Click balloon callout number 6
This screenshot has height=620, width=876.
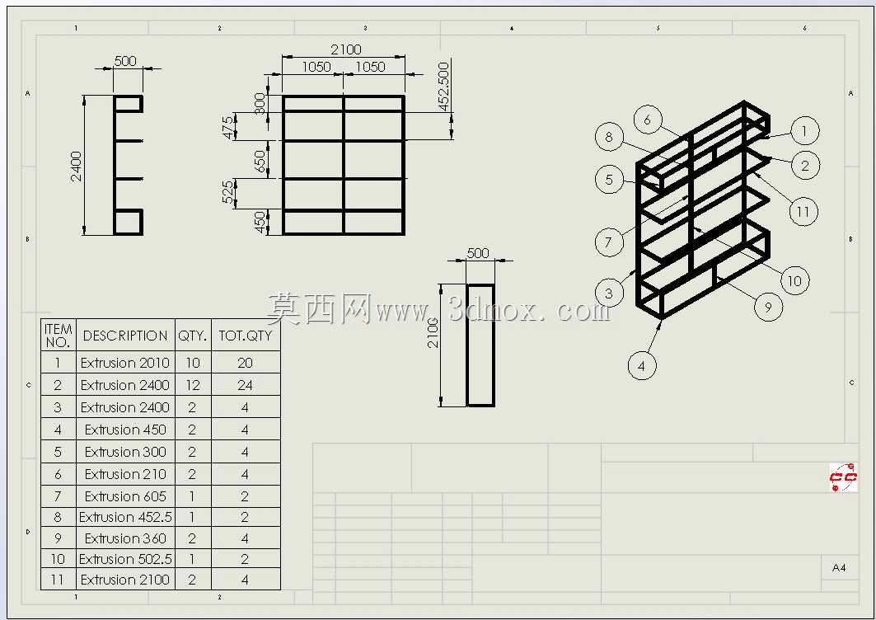648,120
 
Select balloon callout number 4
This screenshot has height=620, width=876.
641,365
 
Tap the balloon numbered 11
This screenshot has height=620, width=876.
803,211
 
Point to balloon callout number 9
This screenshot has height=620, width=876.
768,307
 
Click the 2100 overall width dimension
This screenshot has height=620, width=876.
346,49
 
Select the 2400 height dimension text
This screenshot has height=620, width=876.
76,166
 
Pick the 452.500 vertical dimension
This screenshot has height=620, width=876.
443,87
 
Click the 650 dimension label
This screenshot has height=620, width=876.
260,162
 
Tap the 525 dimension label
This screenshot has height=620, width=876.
228,192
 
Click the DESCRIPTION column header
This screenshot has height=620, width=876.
125,336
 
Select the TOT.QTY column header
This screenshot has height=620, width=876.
246,336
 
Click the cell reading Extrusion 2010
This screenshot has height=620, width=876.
125,363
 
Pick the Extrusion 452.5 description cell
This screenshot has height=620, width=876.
125,517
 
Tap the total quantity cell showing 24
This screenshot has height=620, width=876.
246,385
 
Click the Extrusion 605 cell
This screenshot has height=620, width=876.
125,496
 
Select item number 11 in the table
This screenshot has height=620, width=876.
58,580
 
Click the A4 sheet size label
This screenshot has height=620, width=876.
839,568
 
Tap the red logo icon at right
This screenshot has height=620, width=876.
843,477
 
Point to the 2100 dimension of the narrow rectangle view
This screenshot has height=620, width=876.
433,333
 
